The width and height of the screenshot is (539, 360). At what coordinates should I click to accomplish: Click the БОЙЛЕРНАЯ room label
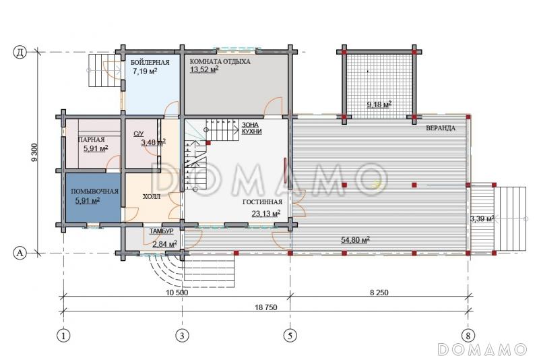(x=150, y=62)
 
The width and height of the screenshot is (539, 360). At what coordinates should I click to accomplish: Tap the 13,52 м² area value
(x=204, y=69)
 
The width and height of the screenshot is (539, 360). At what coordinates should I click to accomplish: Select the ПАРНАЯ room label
(x=92, y=140)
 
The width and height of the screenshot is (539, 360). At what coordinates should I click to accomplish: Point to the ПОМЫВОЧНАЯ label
(x=94, y=191)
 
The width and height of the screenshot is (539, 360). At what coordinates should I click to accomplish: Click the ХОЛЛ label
(x=152, y=197)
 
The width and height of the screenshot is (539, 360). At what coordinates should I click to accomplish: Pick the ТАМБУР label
(x=161, y=231)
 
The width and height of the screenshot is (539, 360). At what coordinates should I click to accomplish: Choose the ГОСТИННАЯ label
(x=262, y=202)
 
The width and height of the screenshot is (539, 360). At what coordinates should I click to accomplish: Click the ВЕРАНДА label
(x=441, y=128)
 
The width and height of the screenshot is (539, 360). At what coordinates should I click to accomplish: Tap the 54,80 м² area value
(x=355, y=239)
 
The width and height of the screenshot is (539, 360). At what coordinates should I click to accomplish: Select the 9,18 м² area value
(x=379, y=104)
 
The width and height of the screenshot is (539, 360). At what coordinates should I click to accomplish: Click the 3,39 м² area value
(x=482, y=218)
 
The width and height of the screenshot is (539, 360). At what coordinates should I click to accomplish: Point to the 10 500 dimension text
(x=177, y=293)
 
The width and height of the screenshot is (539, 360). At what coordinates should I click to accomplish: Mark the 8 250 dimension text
(x=379, y=293)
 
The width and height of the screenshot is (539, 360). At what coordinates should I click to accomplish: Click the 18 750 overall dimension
(x=266, y=307)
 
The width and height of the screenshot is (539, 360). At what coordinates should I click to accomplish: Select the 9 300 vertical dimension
(x=34, y=152)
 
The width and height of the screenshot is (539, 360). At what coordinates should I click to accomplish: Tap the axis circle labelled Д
(x=20, y=53)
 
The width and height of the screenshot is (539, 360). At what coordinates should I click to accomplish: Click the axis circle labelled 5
(x=290, y=335)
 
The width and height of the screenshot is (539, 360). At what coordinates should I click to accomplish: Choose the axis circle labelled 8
(x=468, y=335)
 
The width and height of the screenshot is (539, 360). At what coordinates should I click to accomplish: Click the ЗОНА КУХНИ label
(x=251, y=128)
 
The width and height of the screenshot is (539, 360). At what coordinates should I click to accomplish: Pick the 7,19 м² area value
(x=145, y=71)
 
